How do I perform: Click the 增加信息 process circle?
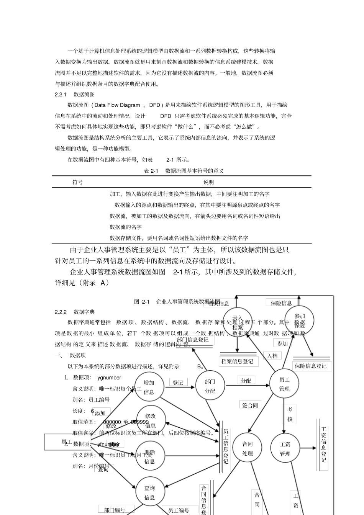[149, 387]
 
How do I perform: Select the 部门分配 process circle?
[210, 386]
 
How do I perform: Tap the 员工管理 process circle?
[284, 384]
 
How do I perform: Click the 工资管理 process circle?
[285, 449]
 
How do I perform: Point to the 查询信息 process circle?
[149, 493]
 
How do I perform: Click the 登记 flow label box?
[178, 383]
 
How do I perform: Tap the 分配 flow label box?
[246, 381]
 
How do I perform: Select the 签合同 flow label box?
[250, 405]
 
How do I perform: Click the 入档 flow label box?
[272, 356]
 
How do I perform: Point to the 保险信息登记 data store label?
[311, 366]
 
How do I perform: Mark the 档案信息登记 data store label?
[237, 361]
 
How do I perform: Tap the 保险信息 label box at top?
[281, 303]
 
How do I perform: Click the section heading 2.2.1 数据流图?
[75, 94]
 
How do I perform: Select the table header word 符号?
[78, 182]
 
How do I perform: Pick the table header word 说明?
[209, 182]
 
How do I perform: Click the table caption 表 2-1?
[151, 171]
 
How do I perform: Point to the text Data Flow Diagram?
[117, 105]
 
